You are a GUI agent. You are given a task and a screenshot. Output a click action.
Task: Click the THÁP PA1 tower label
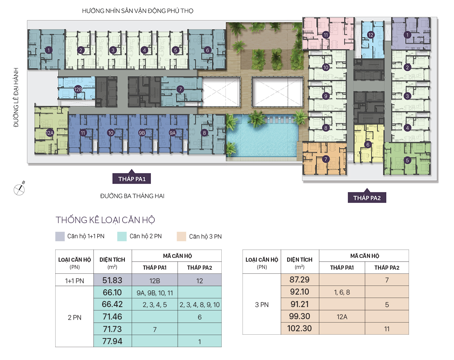pos(132,178)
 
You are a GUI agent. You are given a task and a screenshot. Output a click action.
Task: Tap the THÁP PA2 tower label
pos(367,198)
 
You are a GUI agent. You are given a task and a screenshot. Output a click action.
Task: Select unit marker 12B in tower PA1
pos(78,89)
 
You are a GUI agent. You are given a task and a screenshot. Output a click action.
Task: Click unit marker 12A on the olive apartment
pos(50,133)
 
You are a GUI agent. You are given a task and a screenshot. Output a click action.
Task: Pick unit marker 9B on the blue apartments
pos(142,133)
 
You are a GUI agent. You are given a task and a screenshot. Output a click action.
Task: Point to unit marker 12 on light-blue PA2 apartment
pos(370,35)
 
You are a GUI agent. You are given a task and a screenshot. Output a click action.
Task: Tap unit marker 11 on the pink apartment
pos(326,35)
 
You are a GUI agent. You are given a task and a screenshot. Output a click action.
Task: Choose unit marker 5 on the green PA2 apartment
pos(407,160)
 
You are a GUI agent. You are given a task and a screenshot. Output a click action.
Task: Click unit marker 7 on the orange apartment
pos(326,159)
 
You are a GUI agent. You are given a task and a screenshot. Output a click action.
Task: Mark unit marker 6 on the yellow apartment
pos(368,144)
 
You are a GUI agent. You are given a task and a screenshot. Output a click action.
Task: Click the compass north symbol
pos(19,189)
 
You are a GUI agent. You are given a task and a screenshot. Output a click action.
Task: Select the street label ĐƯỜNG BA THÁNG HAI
pos(132,196)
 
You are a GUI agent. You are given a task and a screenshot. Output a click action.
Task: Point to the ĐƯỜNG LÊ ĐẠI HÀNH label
pos(16,98)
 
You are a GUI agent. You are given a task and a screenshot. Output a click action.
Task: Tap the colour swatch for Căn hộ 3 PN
pos(182,236)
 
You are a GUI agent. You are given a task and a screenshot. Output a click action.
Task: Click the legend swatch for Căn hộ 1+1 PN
pos(60,236)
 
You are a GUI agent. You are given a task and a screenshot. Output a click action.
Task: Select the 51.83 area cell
pos(112,280)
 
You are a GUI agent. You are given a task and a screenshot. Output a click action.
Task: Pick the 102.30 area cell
pos(300,328)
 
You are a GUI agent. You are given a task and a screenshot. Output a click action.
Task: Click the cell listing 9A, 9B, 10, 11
pos(155,293)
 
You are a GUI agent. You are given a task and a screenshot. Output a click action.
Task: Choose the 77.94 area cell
pos(112,341)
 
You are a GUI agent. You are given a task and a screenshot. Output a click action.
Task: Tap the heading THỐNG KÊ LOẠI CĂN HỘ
pos(105,220)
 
